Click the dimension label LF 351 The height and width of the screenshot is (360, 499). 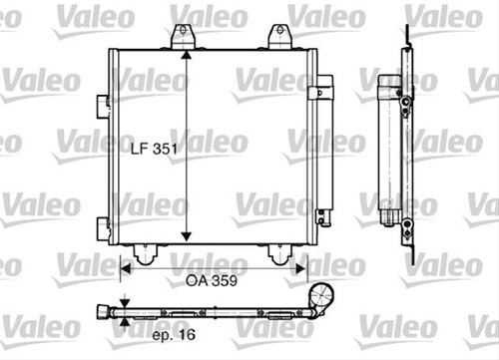coord(154,149)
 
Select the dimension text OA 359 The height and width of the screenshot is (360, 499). coord(212,281)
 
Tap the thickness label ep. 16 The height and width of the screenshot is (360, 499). coord(174,335)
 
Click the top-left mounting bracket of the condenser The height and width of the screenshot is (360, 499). coord(183,36)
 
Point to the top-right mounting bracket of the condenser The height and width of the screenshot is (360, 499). coord(280,36)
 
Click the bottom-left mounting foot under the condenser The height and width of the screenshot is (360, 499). coord(146,255)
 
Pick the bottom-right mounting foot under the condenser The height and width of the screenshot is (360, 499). coord(280,255)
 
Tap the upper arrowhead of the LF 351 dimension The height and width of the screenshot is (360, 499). coord(187,56)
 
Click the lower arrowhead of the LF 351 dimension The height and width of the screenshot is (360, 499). coord(187,236)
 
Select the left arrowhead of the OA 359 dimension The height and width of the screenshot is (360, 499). coord(126,269)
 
